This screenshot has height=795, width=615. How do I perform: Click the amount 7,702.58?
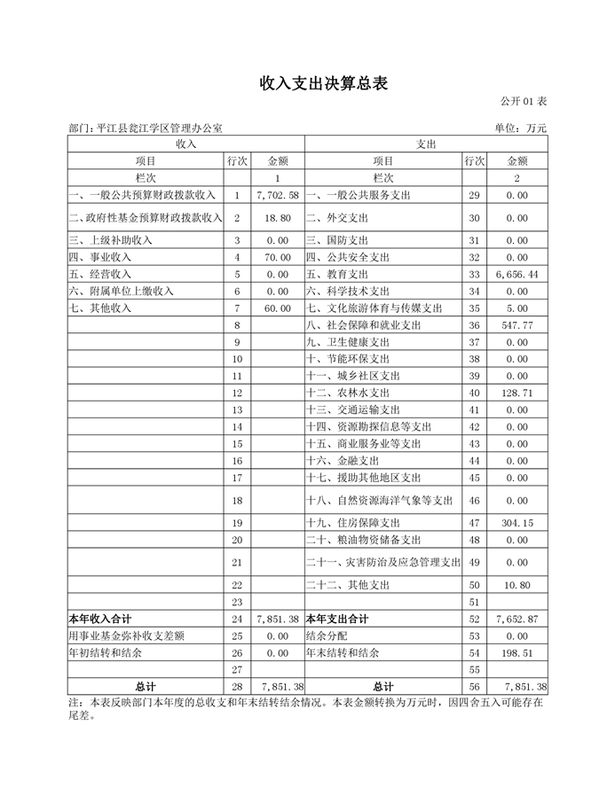pyautogui.click(x=277, y=194)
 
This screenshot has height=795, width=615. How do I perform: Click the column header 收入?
pyautogui.click(x=185, y=144)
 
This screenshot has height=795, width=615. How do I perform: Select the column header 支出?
pyautogui.click(x=426, y=144)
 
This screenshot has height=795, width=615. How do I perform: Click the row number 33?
pyautogui.click(x=473, y=275)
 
